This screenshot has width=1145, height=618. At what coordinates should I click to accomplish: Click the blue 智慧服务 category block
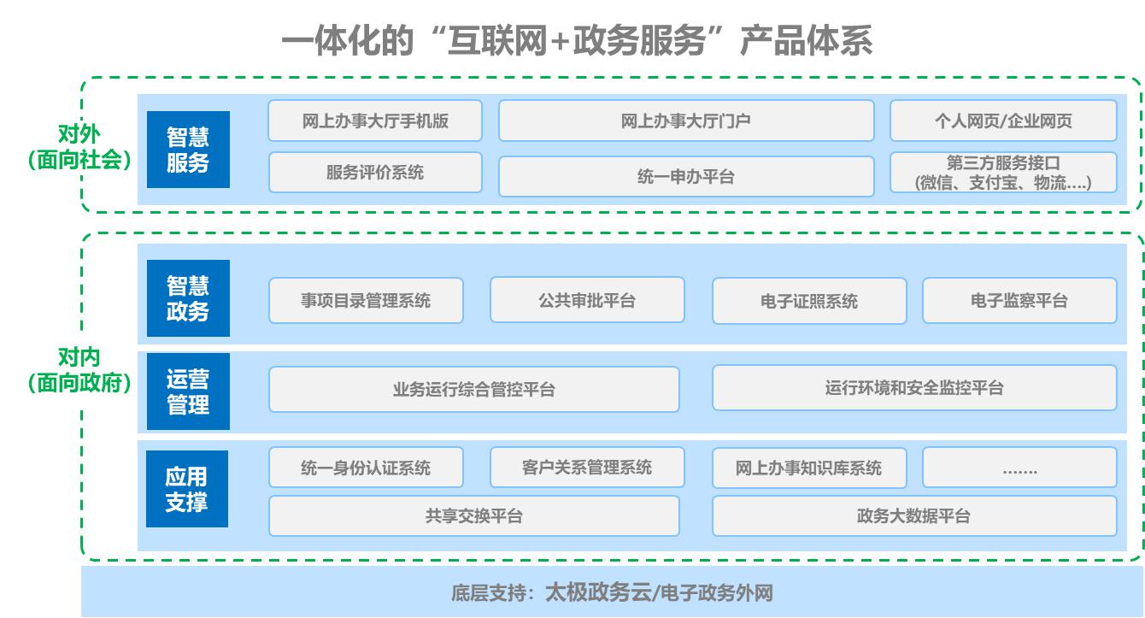pos(188,150)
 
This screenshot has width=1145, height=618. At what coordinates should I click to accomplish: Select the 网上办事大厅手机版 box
pos(375,121)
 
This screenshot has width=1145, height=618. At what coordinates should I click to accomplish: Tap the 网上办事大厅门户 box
pos(686,121)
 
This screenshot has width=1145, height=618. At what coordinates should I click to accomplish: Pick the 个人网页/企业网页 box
pos(1003,121)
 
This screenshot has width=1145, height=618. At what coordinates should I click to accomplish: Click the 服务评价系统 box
pos(375,173)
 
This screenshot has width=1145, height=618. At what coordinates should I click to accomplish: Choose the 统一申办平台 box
pos(686,177)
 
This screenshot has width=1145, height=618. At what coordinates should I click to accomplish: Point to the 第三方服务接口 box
pos(1003,173)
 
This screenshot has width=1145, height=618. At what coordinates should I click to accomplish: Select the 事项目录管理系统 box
pos(366,300)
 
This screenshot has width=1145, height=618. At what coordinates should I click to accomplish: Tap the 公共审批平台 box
pos(587,300)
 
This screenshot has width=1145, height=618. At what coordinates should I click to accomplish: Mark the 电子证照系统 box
pos(809,301)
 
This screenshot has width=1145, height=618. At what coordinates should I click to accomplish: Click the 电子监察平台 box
pos(1019,300)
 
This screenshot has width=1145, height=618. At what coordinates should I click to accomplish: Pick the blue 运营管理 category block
pos(188,391)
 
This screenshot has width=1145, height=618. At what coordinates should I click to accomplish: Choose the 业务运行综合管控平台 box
pos(474,390)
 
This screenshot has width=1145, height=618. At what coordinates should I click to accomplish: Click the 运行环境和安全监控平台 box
pos(914,388)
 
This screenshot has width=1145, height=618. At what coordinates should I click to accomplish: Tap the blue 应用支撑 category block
pos(186,489)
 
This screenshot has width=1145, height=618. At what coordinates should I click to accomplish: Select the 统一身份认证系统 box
pos(366,468)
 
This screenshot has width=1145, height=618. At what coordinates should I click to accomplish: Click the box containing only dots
pos(1019,468)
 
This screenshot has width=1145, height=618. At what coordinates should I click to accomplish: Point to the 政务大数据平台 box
pos(914,516)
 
